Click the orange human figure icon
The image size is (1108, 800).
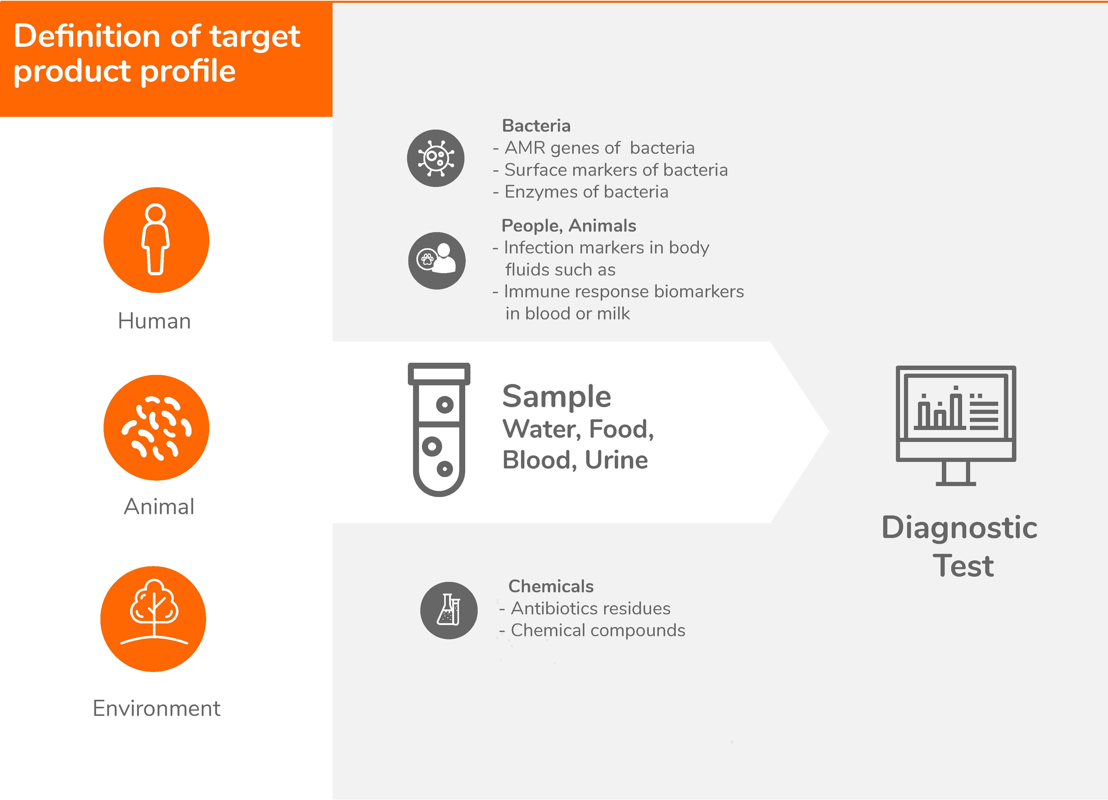(x=156, y=240)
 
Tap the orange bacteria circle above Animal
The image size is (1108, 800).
(x=156, y=428)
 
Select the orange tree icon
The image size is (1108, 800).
(x=153, y=619)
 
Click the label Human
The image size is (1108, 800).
(x=154, y=321)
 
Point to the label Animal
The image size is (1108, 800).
(x=159, y=506)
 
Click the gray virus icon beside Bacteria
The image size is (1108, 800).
(x=436, y=158)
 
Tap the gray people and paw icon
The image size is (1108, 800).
(x=437, y=260)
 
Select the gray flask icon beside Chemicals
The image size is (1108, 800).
(x=449, y=610)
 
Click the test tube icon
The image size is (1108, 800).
(x=439, y=429)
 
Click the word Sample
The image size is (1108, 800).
(x=556, y=396)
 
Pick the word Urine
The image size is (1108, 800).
(x=617, y=460)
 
